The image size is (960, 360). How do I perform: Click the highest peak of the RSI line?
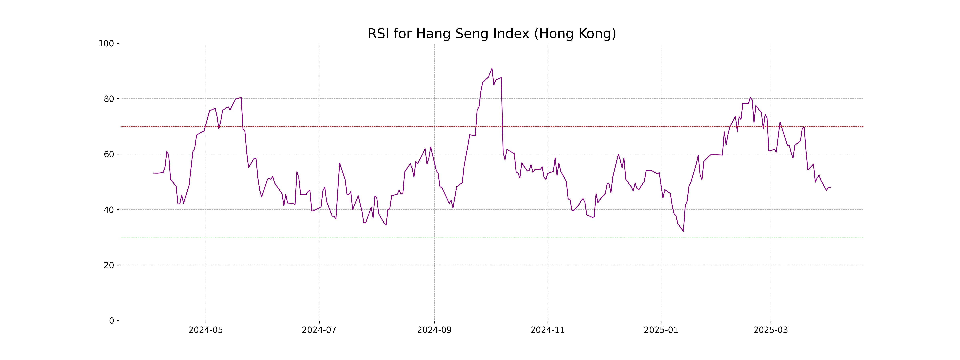(492, 69)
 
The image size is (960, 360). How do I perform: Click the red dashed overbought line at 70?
(373, 126)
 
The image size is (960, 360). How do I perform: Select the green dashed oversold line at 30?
(373, 237)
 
